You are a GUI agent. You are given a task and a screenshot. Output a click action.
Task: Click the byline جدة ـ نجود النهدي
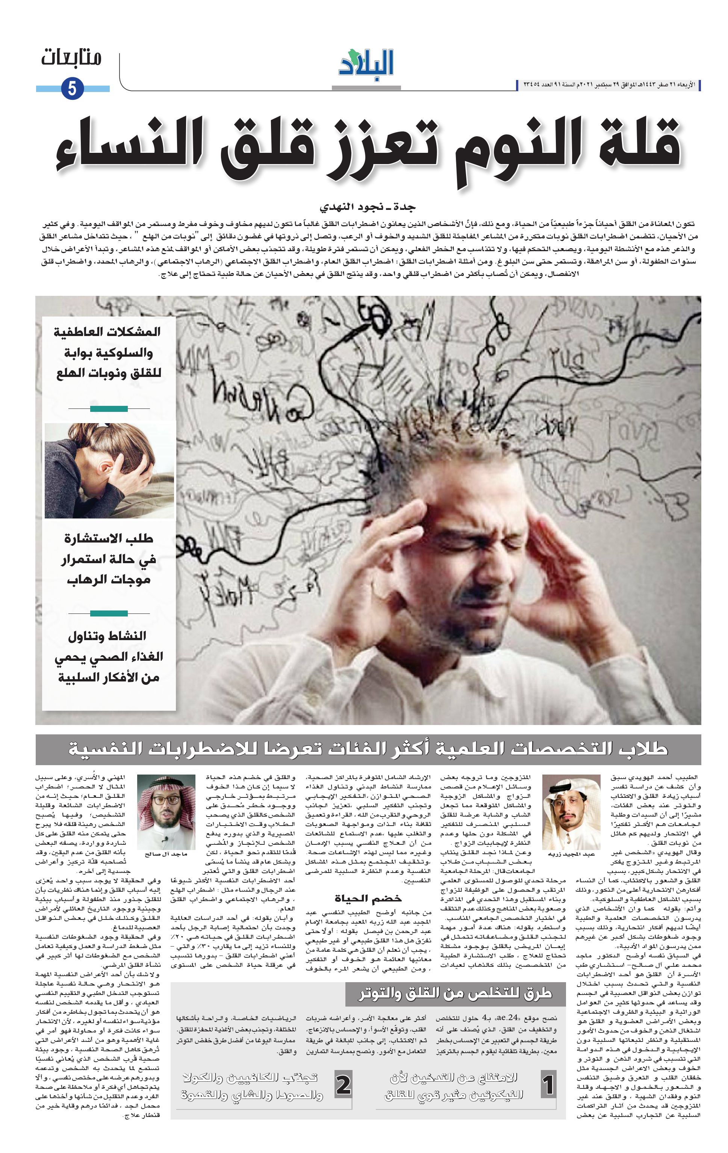[367, 207]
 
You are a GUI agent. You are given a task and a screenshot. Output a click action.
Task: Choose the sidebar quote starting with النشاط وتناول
[108, 656]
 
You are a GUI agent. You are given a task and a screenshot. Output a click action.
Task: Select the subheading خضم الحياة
[368, 898]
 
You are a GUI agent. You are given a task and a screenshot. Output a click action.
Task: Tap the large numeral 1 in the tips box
[548, 1085]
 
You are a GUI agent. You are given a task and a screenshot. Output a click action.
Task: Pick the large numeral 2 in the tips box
[343, 1085]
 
